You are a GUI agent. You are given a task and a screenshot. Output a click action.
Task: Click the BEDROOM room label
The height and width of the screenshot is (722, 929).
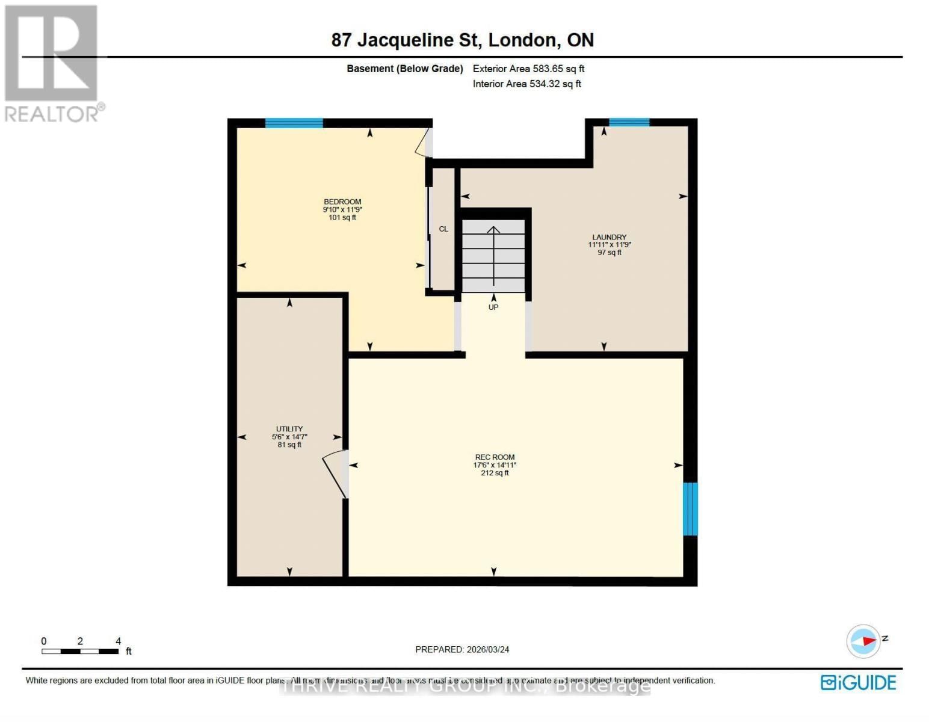342,202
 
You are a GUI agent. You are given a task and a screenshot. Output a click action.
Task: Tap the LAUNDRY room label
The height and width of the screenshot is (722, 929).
609,237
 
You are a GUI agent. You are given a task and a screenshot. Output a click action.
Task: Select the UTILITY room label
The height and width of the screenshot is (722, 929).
289,429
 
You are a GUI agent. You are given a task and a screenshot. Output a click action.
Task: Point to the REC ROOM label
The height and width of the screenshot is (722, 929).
495,457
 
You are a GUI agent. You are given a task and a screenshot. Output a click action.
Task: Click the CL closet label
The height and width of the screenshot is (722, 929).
443,229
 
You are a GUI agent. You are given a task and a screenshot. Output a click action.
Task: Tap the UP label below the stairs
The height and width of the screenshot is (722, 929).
493,307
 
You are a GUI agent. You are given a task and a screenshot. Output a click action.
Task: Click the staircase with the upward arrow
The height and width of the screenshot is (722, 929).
493,256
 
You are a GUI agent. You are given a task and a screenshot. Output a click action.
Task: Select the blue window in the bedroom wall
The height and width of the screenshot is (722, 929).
294,123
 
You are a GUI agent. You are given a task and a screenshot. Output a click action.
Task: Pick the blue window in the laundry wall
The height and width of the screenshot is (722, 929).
629,123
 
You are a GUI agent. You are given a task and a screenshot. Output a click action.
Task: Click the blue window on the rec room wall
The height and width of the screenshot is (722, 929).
690,509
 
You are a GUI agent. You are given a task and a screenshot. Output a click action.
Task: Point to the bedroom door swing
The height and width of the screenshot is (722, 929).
424,143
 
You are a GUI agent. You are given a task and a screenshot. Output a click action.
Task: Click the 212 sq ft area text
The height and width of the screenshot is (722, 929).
495,474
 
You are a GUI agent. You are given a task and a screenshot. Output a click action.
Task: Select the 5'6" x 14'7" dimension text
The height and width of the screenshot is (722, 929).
289,437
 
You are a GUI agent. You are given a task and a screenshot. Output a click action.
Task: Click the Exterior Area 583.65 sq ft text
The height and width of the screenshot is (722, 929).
528,69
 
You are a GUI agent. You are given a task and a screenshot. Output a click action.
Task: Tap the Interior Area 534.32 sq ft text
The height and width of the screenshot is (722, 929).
526,84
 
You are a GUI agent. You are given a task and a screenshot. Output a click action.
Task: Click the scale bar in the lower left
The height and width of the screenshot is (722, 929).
80,651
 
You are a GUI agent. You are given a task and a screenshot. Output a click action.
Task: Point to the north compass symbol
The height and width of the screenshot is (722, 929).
864,641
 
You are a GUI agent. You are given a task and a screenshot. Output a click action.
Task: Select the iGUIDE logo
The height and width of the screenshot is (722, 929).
858,683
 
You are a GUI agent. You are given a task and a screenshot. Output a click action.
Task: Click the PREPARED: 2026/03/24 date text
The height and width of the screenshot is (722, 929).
462,650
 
